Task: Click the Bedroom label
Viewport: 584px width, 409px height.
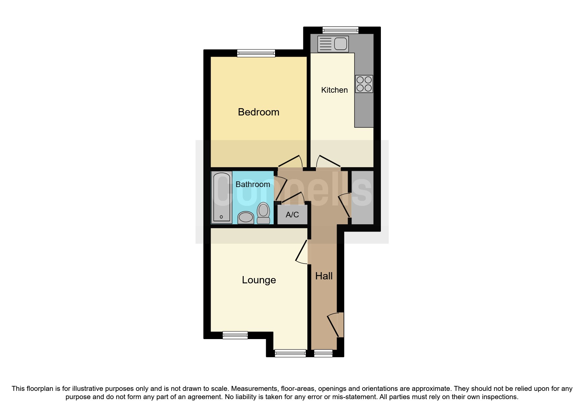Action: pos(259,112)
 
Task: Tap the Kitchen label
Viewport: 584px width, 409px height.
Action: pos(334,90)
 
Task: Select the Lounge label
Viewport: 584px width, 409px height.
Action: pos(259,280)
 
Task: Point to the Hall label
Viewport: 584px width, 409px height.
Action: pos(324,276)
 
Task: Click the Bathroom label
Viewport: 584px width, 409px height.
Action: pos(253,184)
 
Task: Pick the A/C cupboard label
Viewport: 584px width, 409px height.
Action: pos(292,215)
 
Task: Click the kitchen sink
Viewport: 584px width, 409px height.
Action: pos(333,44)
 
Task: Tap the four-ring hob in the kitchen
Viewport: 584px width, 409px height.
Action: pos(364,84)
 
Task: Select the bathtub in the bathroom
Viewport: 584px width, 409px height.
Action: pos(221,197)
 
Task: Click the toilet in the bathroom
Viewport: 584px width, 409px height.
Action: pos(263,213)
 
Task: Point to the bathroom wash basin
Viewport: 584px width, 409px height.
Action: pos(246,217)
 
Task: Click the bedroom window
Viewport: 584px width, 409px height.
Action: pos(256,53)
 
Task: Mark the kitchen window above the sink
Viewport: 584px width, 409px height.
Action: pos(340,30)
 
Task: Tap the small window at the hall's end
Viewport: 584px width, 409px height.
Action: pos(323,353)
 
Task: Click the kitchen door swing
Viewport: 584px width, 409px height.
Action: pos(327,161)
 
